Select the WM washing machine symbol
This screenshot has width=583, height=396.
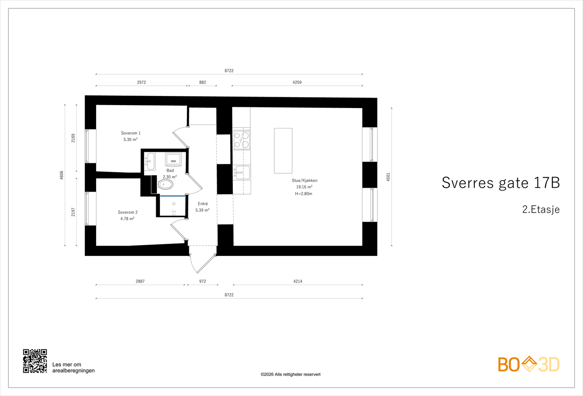click(x=173, y=160)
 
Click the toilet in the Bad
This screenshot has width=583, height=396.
click(x=165, y=184)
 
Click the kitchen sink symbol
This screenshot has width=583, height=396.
click(x=242, y=172)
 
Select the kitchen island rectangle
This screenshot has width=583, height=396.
click(x=283, y=150)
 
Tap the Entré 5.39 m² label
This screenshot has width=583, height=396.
click(x=203, y=207)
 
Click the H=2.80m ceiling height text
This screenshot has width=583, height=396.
click(x=304, y=194)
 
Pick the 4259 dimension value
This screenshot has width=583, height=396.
click(x=297, y=82)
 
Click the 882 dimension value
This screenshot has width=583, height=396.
click(x=203, y=82)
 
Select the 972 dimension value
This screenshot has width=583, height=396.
click(x=203, y=281)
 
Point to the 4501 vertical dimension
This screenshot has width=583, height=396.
click(x=388, y=177)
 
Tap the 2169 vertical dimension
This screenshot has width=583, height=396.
click(x=73, y=138)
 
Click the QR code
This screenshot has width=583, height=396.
click(x=35, y=361)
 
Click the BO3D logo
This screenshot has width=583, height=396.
click(x=528, y=364)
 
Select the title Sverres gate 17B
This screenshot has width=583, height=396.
click(x=500, y=183)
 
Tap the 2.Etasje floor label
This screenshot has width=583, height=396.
click(x=540, y=209)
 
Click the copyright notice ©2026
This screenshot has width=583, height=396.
click(x=290, y=374)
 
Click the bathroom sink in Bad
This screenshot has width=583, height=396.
click(x=150, y=161)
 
